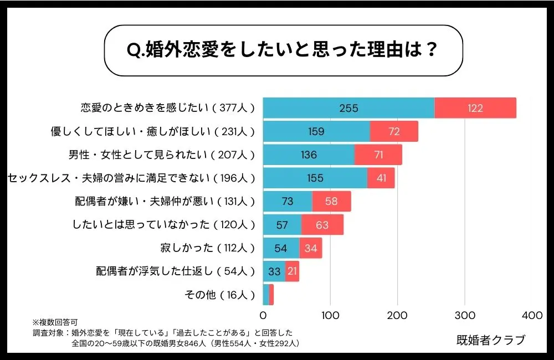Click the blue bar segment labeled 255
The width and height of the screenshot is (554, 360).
[348, 108]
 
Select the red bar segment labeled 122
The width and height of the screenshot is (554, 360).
[475, 108]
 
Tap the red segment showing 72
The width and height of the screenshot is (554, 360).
[394, 132]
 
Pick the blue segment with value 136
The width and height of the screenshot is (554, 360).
[309, 155]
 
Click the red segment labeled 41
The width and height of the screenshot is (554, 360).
[381, 178]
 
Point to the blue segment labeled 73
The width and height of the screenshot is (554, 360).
[288, 202]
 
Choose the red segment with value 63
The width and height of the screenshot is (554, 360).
[322, 225]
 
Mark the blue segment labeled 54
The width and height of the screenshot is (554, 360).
[281, 248]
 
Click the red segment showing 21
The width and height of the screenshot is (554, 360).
[292, 271]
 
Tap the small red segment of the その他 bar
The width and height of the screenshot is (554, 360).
[271, 295]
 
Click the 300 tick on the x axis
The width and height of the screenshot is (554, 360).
[465, 315]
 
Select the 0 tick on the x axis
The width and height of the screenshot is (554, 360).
[263, 315]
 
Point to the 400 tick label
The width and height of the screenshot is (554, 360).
[532, 315]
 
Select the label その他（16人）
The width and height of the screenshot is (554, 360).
[219, 295]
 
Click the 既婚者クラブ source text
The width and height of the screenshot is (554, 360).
[490, 340]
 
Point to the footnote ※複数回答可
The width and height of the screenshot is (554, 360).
[55, 322]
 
